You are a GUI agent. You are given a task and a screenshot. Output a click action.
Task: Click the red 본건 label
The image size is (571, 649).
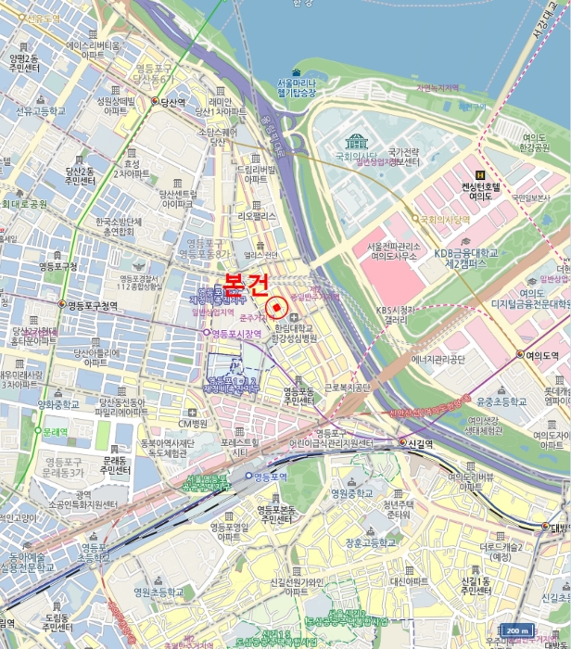(x=245, y=281)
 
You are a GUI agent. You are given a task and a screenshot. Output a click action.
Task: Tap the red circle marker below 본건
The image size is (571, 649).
(x=275, y=308)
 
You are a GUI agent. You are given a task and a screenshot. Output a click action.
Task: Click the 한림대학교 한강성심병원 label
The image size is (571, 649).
(x=296, y=334)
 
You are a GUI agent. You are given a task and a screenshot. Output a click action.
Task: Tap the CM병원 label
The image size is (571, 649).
(x=191, y=424)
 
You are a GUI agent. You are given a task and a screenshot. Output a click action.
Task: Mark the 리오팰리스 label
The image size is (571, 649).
(x=257, y=215)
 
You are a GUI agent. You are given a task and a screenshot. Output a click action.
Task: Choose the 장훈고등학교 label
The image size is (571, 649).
(x=370, y=542)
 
